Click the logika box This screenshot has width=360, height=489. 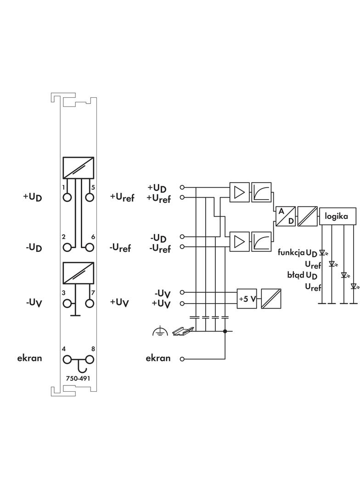337,216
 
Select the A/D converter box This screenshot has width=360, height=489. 285,216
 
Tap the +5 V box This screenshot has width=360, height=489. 247,299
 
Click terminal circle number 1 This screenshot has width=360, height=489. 67,197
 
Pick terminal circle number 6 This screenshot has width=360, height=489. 90,247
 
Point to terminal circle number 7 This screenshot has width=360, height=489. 90,303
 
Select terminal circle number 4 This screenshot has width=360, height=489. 67,360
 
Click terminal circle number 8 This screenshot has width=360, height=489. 90,360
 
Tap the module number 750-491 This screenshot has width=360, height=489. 78,378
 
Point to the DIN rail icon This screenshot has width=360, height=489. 183,330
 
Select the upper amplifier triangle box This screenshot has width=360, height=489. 240,192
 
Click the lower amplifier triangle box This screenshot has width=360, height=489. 240,241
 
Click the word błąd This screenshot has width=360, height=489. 296,275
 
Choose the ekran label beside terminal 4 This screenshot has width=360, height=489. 29,358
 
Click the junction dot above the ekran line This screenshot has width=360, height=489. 225,331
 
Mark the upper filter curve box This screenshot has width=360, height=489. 261,192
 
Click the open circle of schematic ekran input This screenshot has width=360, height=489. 182,359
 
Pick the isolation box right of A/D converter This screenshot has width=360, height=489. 308,216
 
